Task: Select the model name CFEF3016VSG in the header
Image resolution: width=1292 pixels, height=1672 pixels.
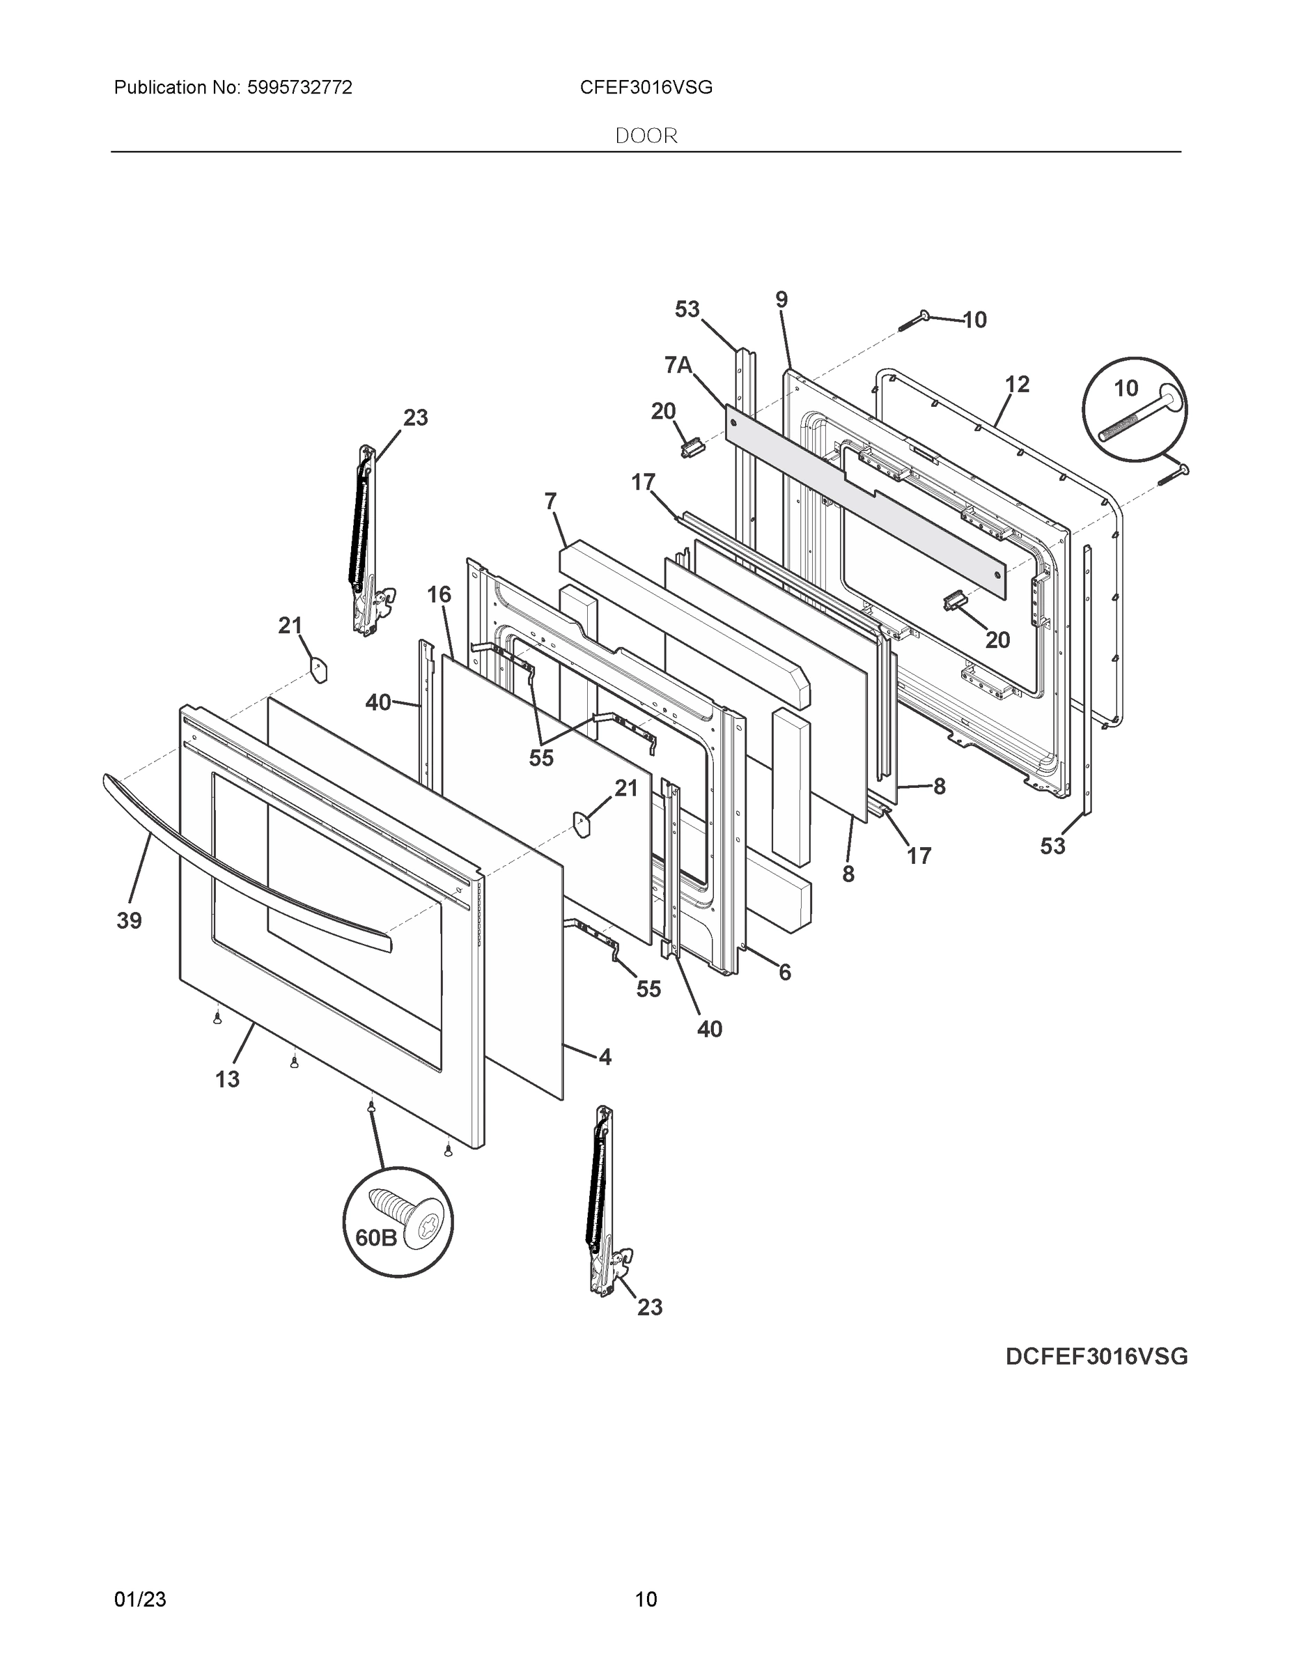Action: (646, 88)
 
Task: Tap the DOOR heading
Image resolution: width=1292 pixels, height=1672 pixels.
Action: (646, 137)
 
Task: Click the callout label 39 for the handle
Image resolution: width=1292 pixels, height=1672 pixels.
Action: (130, 920)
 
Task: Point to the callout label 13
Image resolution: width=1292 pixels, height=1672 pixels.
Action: (227, 1078)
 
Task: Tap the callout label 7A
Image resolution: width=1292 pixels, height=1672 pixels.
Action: (678, 366)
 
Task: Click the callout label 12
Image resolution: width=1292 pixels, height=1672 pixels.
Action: (1017, 385)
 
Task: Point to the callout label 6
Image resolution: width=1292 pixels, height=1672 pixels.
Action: (784, 973)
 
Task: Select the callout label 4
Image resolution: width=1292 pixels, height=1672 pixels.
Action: (605, 1058)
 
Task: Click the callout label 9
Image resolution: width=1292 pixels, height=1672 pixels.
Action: (781, 300)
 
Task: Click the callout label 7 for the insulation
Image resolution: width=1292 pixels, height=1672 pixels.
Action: (550, 502)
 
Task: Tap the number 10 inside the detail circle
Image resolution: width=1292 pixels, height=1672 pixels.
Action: (1126, 389)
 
